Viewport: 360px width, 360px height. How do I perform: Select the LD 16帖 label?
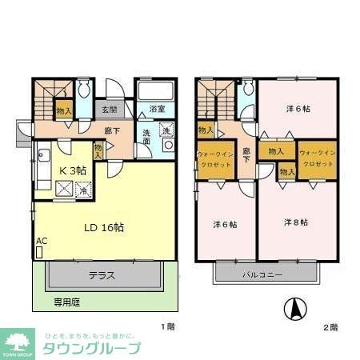[104, 227]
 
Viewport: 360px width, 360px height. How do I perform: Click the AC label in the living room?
[41, 241]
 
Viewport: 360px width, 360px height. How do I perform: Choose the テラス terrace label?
[102, 275]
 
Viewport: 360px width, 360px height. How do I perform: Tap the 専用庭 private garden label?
[67, 303]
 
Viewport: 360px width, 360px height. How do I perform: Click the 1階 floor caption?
[166, 326]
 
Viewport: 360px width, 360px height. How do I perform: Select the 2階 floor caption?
[330, 326]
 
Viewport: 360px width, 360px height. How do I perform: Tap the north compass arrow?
[294, 307]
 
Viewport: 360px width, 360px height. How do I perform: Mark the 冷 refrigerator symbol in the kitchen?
[82, 190]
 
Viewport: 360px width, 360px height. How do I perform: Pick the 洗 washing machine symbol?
[166, 130]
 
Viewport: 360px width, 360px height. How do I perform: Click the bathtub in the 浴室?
[154, 90]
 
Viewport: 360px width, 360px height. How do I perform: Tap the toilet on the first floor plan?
[86, 87]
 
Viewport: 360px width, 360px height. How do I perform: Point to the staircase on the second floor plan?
[210, 99]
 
